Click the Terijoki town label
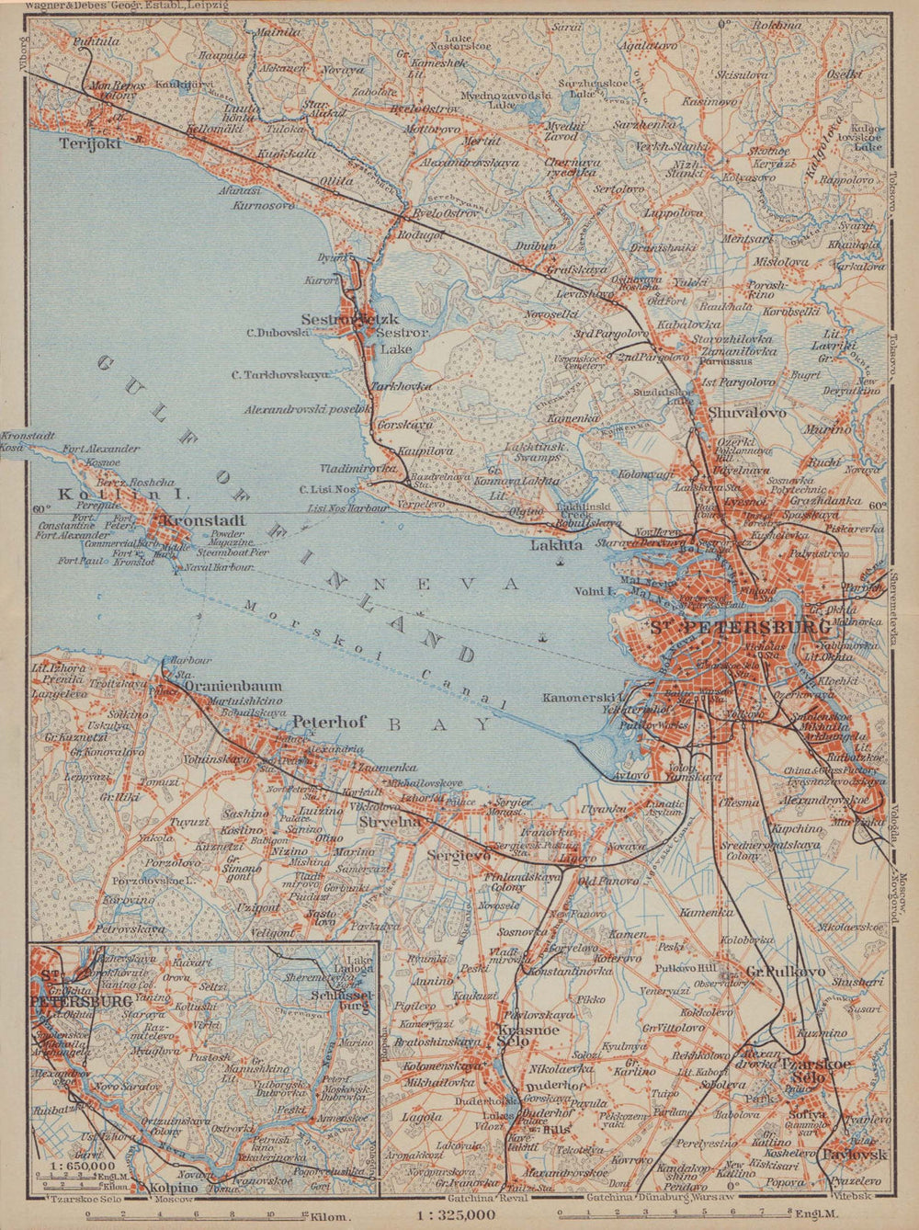[x=64, y=143]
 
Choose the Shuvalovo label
[x=747, y=413]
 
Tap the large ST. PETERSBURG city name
[x=740, y=628]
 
